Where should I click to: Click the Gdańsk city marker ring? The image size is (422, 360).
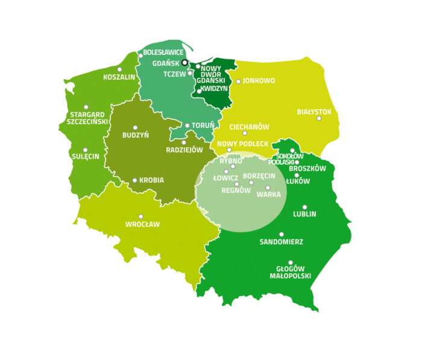point(185,62)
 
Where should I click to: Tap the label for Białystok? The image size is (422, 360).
point(314,112)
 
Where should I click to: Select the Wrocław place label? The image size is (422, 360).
point(142,224)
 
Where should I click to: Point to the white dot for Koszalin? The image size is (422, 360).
point(119,69)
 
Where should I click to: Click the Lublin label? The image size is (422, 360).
point(304,214)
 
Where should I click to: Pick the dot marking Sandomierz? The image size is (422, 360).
point(282,234)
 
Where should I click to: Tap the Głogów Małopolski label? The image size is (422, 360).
point(290,272)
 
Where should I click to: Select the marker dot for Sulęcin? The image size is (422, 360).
point(85,150)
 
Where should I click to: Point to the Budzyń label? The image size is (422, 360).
point(135,135)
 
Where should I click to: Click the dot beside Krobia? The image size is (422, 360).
point(134,180)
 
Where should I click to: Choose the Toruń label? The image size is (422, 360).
point(203,125)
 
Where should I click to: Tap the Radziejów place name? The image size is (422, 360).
point(184,150)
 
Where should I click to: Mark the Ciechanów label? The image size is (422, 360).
point(249,127)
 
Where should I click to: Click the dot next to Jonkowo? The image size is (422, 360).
point(238,81)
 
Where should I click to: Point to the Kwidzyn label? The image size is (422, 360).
point(214,88)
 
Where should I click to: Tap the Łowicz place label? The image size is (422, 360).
point(225,178)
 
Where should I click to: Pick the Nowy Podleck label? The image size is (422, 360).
point(242,144)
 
